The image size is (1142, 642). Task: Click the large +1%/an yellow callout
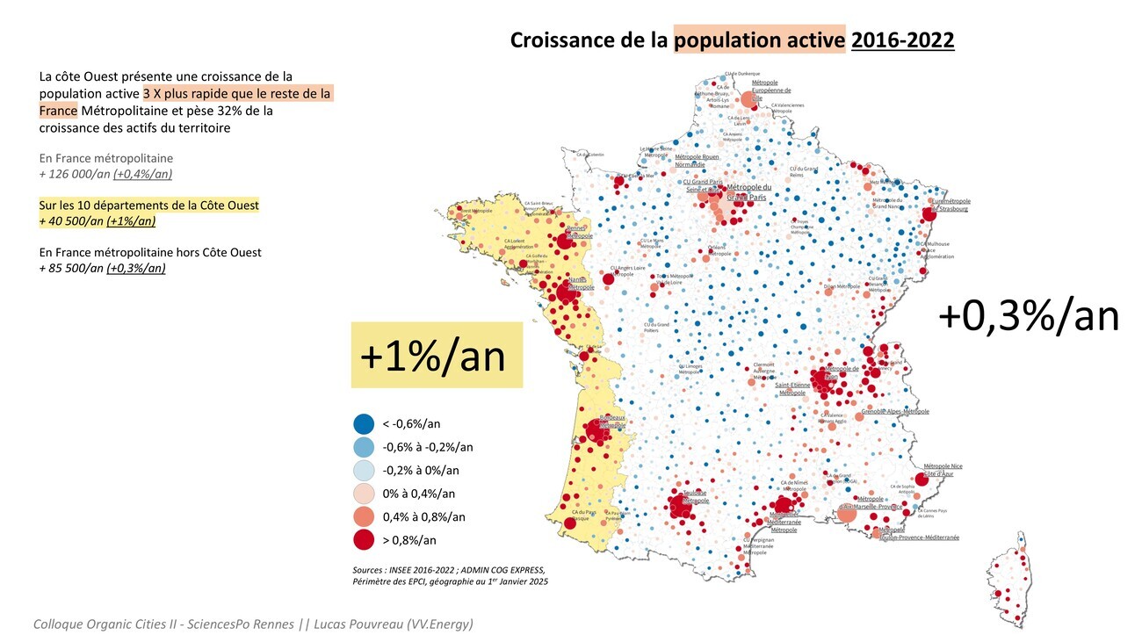tap(437, 355)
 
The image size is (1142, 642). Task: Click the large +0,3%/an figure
tap(1029, 316)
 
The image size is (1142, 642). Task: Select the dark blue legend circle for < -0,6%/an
tap(364, 423)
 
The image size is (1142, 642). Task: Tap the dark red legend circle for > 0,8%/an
tap(364, 540)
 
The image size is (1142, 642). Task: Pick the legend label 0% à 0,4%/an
tap(418, 494)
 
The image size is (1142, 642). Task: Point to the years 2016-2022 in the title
tap(902, 40)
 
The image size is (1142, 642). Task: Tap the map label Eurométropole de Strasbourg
tap(950, 205)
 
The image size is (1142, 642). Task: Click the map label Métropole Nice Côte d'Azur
tap(943, 470)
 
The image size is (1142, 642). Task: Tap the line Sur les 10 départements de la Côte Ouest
tap(149, 206)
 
